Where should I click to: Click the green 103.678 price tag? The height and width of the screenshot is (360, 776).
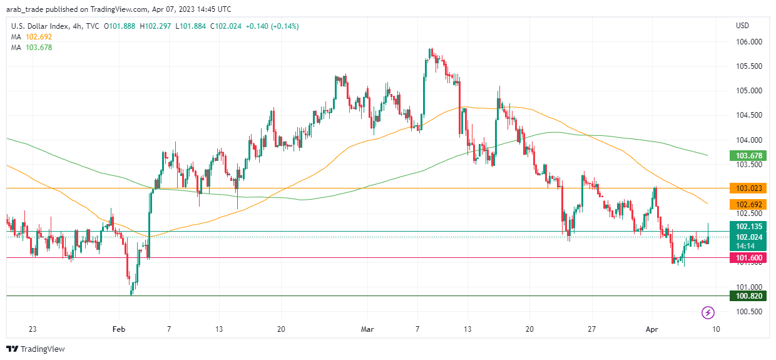748,156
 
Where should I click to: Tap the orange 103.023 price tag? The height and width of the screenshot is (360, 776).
748,188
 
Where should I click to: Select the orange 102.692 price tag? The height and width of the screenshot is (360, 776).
748,204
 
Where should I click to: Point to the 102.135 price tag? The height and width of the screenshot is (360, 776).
748,227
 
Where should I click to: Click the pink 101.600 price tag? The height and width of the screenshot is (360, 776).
748,257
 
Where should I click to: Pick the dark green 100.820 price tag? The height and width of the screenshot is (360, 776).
748,296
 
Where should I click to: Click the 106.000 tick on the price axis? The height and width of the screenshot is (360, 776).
748,42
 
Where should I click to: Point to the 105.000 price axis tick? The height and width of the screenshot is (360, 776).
748,91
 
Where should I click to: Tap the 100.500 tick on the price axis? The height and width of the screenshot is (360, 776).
748,312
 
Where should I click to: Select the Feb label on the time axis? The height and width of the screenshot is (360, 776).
118,329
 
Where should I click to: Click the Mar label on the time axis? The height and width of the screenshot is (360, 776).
367,329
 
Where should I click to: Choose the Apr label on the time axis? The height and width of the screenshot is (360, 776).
653,329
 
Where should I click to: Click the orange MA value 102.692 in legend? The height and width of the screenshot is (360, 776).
35,37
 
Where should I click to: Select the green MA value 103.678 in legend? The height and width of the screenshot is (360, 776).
35,48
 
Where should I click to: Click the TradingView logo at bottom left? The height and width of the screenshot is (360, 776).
36,349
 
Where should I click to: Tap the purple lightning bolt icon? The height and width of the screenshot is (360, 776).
708,312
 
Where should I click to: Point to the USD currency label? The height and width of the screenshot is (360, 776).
743,26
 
